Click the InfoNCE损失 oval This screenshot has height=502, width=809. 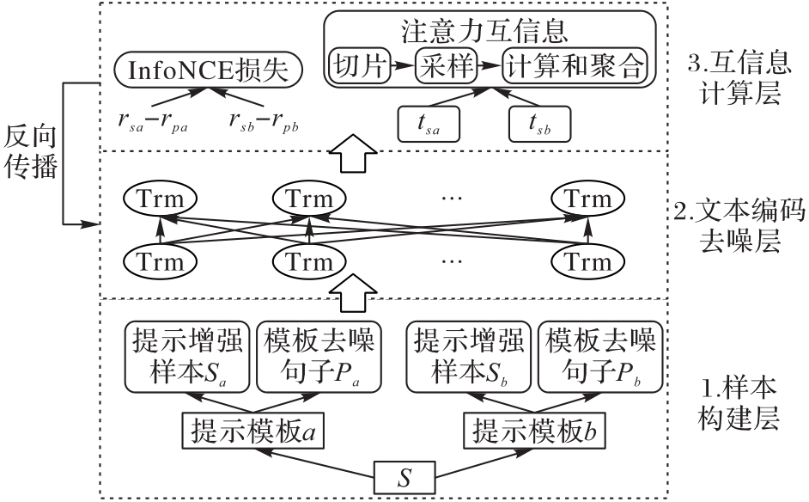[x=209, y=70]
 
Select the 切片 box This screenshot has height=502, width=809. [x=358, y=65]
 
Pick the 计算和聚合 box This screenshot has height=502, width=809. [x=573, y=65]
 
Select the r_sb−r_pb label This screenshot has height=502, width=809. [x=264, y=121]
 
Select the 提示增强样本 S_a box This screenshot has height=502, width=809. [x=187, y=355]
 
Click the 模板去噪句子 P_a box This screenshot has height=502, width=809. [x=319, y=355]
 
